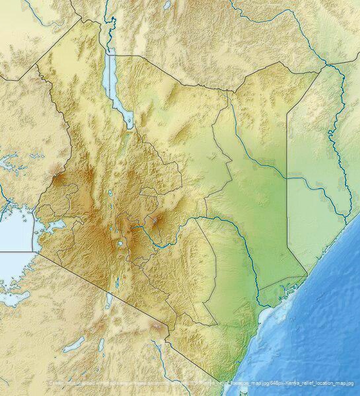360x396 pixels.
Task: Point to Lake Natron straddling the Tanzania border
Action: (x=110, y=301)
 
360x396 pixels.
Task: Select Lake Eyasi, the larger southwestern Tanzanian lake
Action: (x=74, y=343)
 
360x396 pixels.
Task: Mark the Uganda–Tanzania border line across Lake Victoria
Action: (x=17, y=251)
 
